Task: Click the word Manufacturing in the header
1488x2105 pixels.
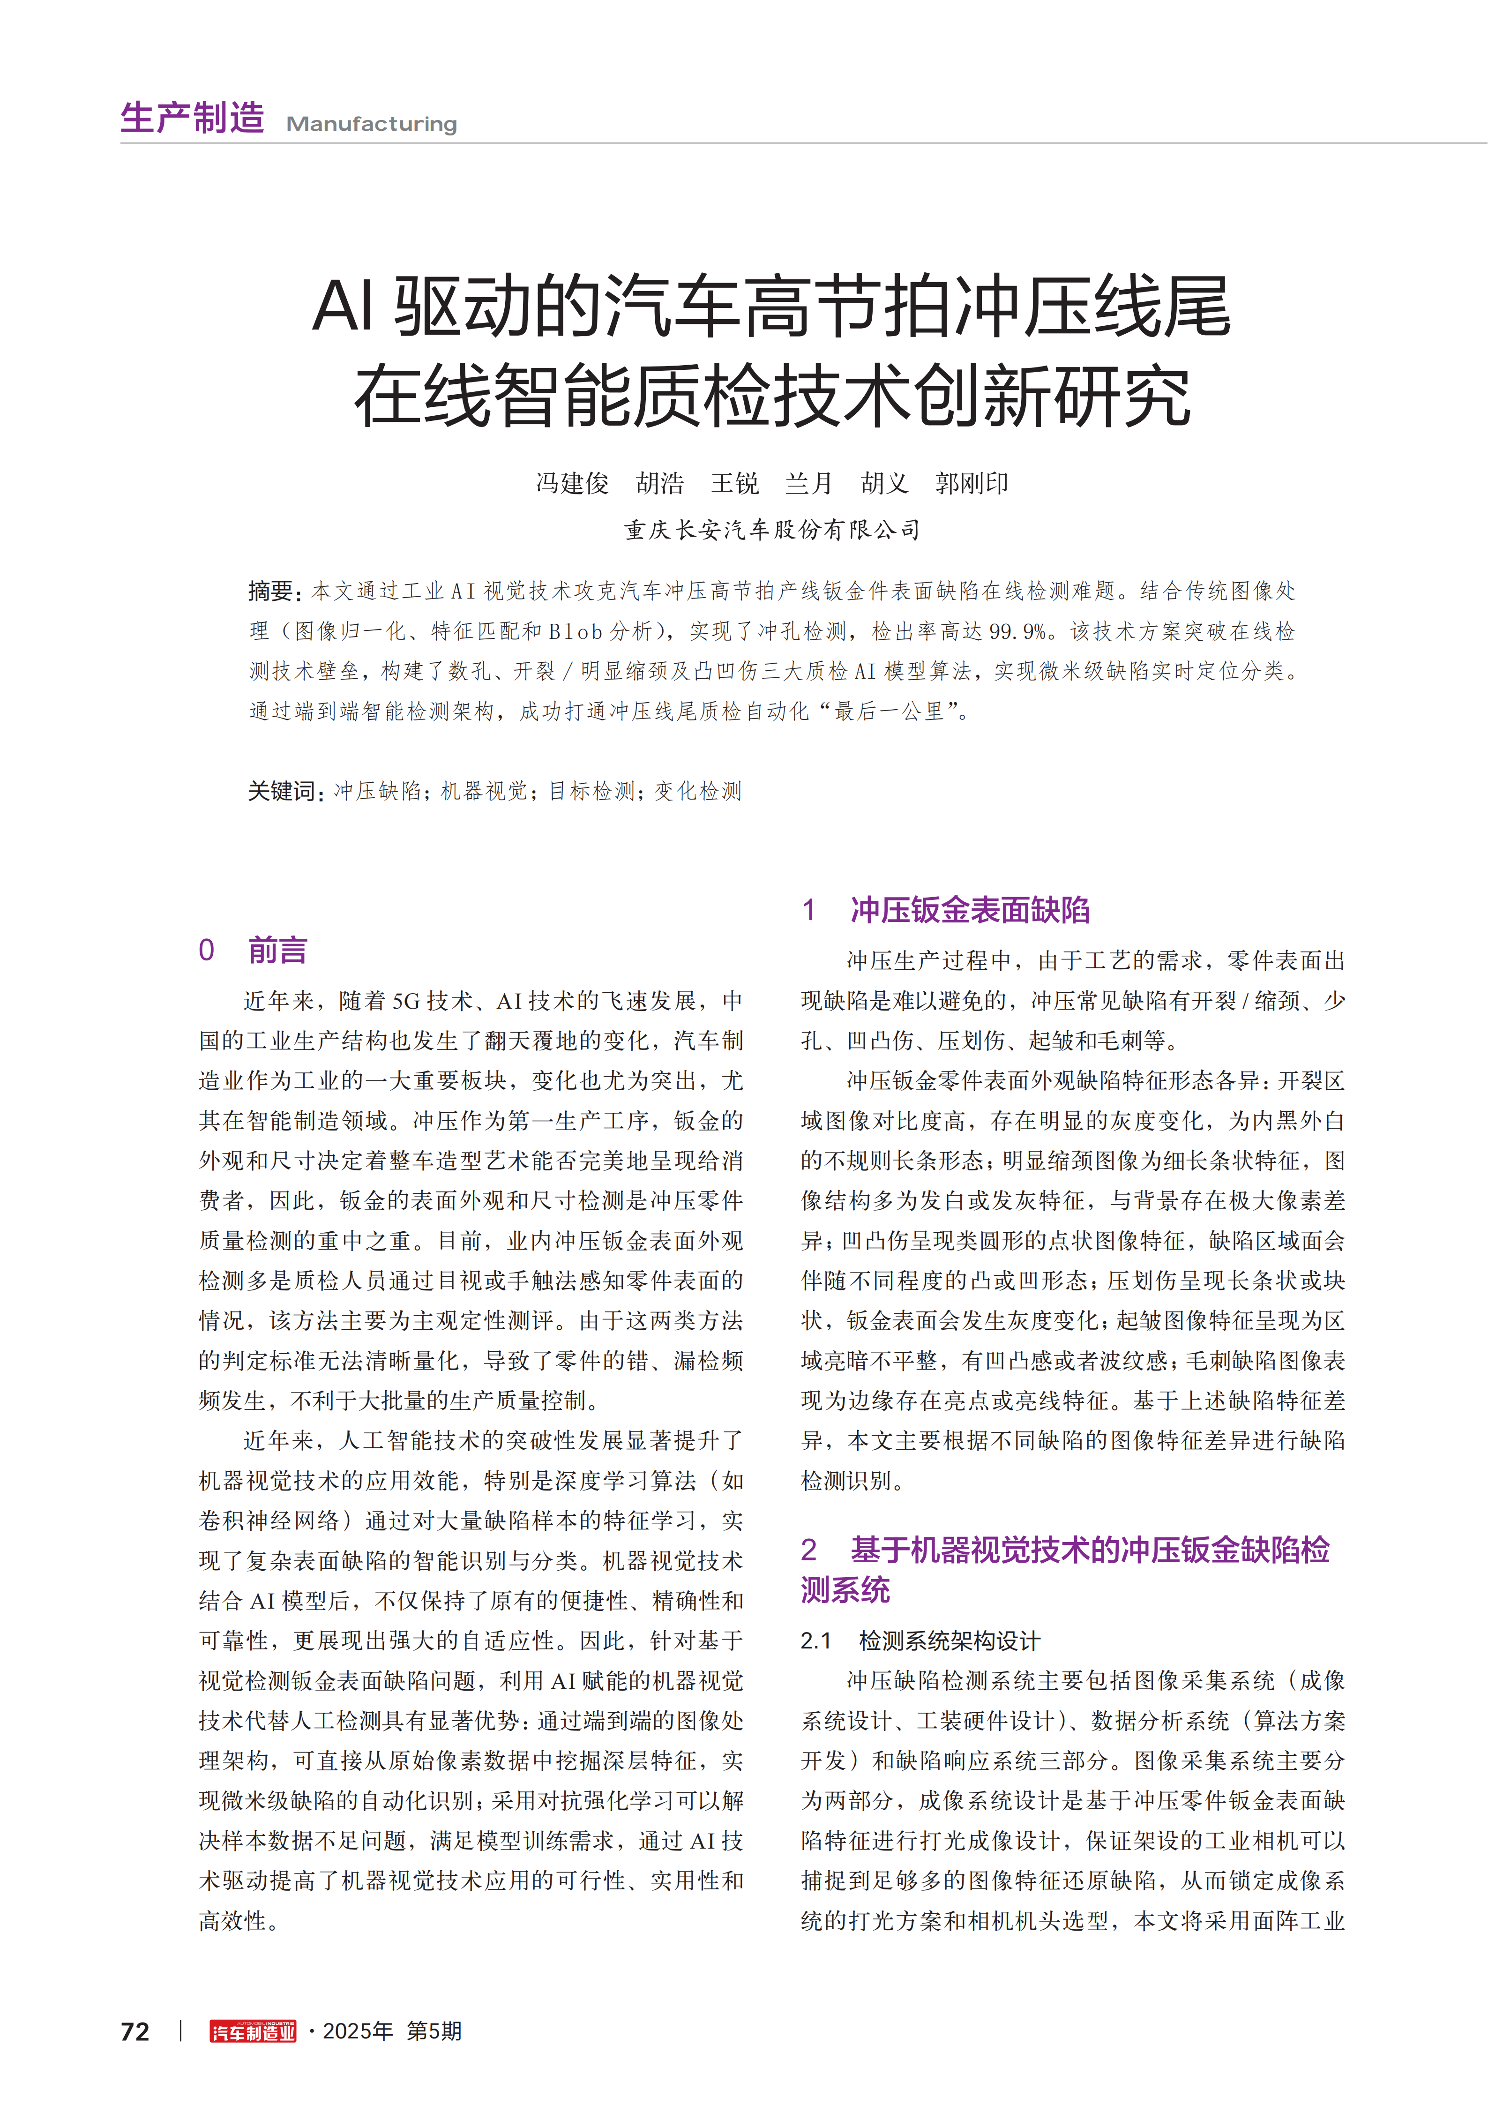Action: (371, 124)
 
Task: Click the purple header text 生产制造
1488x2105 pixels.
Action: (193, 118)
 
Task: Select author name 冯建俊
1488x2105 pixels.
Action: (572, 483)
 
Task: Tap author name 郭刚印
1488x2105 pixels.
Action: (972, 483)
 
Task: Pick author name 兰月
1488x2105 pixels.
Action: (808, 483)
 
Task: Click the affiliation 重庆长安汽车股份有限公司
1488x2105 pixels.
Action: (772, 530)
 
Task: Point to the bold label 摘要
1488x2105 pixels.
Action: (271, 592)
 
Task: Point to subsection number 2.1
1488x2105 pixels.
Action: (815, 1640)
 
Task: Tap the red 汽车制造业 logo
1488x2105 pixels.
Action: (253, 2032)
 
